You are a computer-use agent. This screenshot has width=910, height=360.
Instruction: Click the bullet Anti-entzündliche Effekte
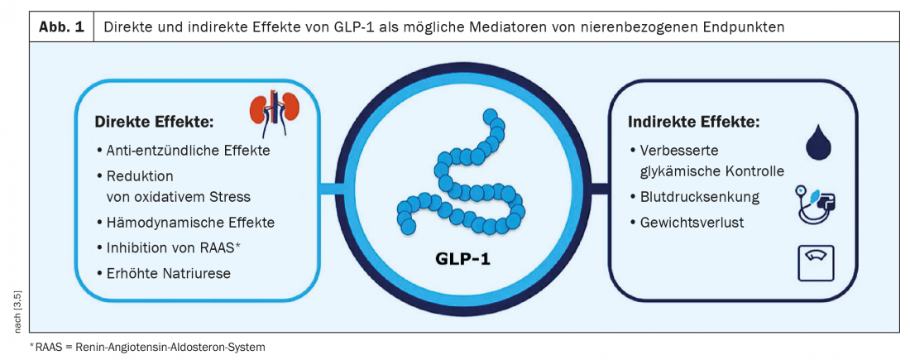(188, 151)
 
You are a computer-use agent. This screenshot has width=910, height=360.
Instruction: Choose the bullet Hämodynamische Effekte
(190, 222)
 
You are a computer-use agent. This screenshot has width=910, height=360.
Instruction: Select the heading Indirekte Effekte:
(693, 122)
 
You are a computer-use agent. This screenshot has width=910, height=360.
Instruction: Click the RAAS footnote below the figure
(147, 346)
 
